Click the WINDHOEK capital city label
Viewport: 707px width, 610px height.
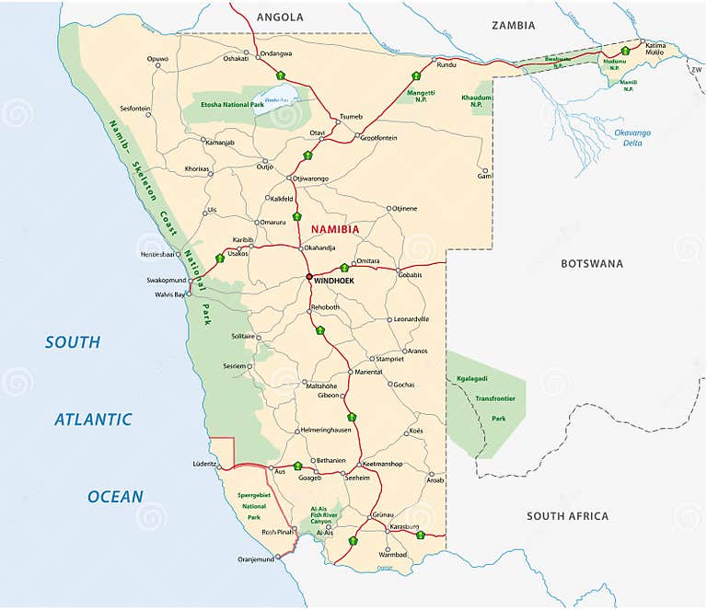click(334, 280)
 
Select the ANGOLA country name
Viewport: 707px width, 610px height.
click(280, 17)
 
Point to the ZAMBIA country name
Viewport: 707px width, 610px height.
click(514, 26)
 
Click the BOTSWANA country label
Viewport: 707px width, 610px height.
click(592, 264)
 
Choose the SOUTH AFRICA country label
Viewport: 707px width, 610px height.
click(567, 516)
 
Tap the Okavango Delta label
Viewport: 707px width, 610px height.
click(632, 138)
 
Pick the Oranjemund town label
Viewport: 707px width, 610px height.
click(257, 558)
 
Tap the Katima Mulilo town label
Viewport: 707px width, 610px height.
click(655, 49)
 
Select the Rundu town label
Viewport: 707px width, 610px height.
click(446, 65)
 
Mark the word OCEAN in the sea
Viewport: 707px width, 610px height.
click(115, 497)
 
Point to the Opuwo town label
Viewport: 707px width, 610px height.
click(157, 59)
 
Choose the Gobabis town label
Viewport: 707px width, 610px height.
click(410, 275)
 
